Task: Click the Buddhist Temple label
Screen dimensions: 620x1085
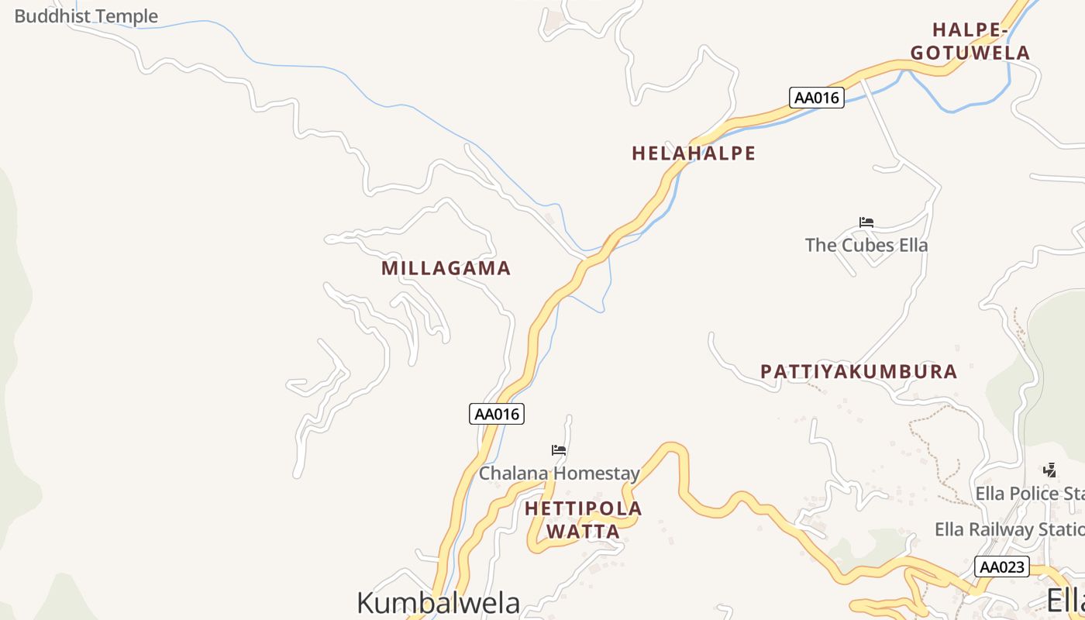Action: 85,15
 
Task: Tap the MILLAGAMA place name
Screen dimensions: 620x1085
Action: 446,268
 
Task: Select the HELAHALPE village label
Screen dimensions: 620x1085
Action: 693,153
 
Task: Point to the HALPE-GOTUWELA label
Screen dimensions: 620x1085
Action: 970,42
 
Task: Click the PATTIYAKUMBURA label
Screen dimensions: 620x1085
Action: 859,371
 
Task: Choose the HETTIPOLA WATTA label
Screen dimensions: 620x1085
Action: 584,520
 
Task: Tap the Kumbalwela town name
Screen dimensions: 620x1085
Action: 438,602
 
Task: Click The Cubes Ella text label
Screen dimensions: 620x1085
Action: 866,245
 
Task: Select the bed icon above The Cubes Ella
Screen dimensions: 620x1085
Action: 866,222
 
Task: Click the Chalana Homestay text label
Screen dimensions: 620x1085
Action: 559,473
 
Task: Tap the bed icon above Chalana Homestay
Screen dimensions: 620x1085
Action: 559,450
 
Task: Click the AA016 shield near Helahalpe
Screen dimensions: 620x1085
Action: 817,98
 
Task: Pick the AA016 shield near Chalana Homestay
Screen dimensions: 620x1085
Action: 497,414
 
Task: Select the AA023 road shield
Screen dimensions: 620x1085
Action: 1002,567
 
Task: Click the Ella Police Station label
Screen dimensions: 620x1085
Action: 1029,494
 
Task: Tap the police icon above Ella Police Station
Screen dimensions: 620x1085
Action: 1049,470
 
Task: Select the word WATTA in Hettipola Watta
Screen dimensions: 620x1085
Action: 584,532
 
